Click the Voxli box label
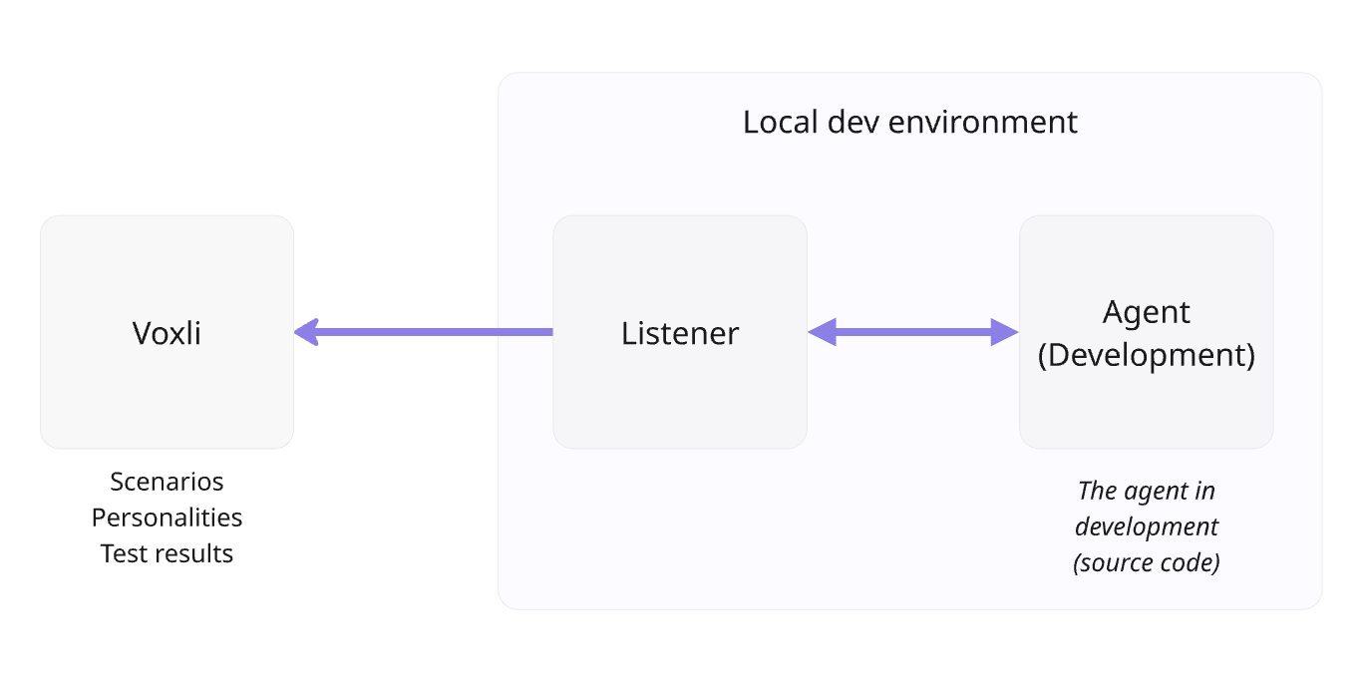click(x=167, y=333)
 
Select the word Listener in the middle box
click(x=680, y=333)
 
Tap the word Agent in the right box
click(x=1146, y=312)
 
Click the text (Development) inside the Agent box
click(x=1146, y=355)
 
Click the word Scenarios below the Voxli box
click(x=167, y=482)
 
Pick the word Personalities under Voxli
click(x=167, y=518)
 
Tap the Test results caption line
click(x=167, y=553)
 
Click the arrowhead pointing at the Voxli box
click(x=306, y=332)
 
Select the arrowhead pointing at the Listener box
click(x=821, y=332)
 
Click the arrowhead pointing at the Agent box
click(x=1005, y=332)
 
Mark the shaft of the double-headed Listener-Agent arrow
click(x=912, y=332)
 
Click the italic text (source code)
click(x=1146, y=562)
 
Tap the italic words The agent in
click(x=1146, y=491)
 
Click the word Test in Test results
click(x=121, y=553)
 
